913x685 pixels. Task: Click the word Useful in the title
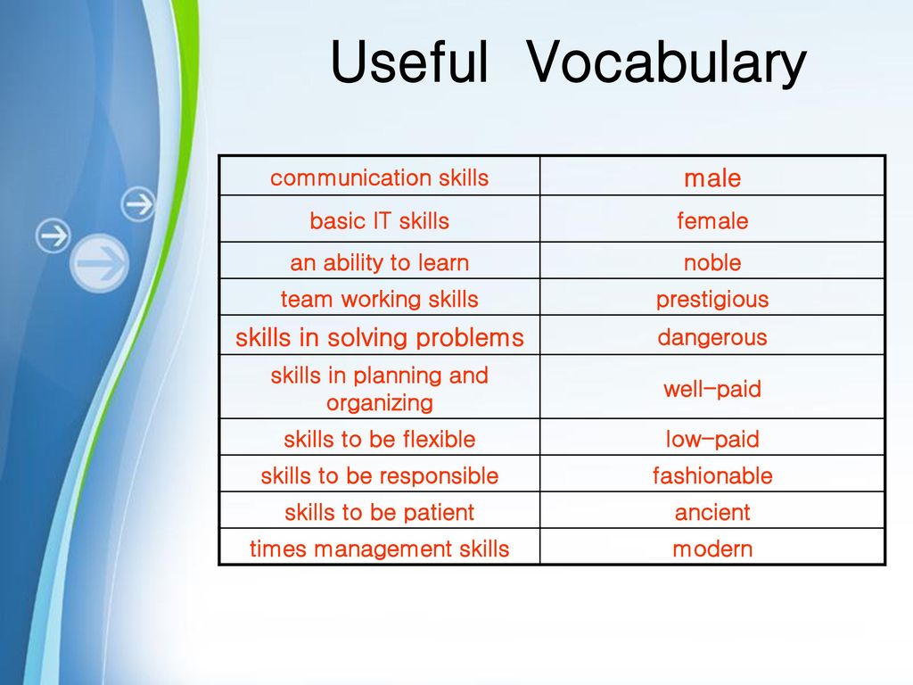pyautogui.click(x=408, y=62)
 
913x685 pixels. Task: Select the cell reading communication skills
pyautogui.click(x=380, y=176)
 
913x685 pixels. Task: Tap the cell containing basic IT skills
pyautogui.click(x=380, y=219)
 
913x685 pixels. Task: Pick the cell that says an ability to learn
pyautogui.click(x=380, y=260)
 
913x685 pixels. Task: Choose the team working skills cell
pyautogui.click(x=380, y=297)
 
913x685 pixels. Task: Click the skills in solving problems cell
pyautogui.click(x=380, y=335)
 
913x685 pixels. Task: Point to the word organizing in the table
pyautogui.click(x=380, y=403)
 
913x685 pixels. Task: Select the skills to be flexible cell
pyautogui.click(x=380, y=437)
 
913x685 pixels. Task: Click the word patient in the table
pyautogui.click(x=439, y=513)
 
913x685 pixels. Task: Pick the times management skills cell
pyautogui.click(x=380, y=547)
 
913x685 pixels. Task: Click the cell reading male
pyautogui.click(x=712, y=176)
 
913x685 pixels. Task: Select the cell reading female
pyautogui.click(x=712, y=219)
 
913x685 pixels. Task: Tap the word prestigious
pyautogui.click(x=712, y=300)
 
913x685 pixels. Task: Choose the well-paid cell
pyautogui.click(x=712, y=387)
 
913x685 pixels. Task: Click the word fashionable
pyautogui.click(x=712, y=475)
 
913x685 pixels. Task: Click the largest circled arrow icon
pyautogui.click(x=100, y=263)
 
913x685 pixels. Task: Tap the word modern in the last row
pyautogui.click(x=712, y=549)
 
